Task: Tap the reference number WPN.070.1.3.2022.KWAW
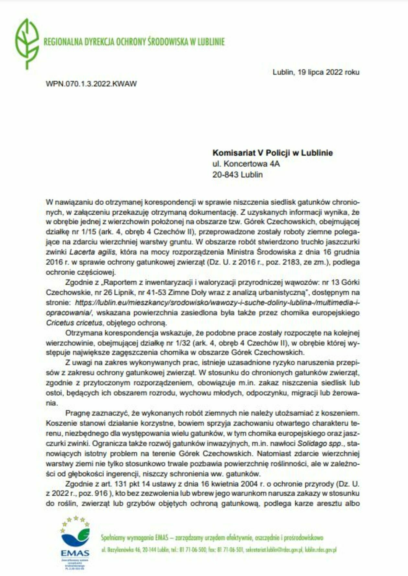91,84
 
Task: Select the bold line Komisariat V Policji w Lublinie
272,153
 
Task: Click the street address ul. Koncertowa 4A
246,164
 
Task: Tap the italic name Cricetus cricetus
74,323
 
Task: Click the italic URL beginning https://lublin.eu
217,303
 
